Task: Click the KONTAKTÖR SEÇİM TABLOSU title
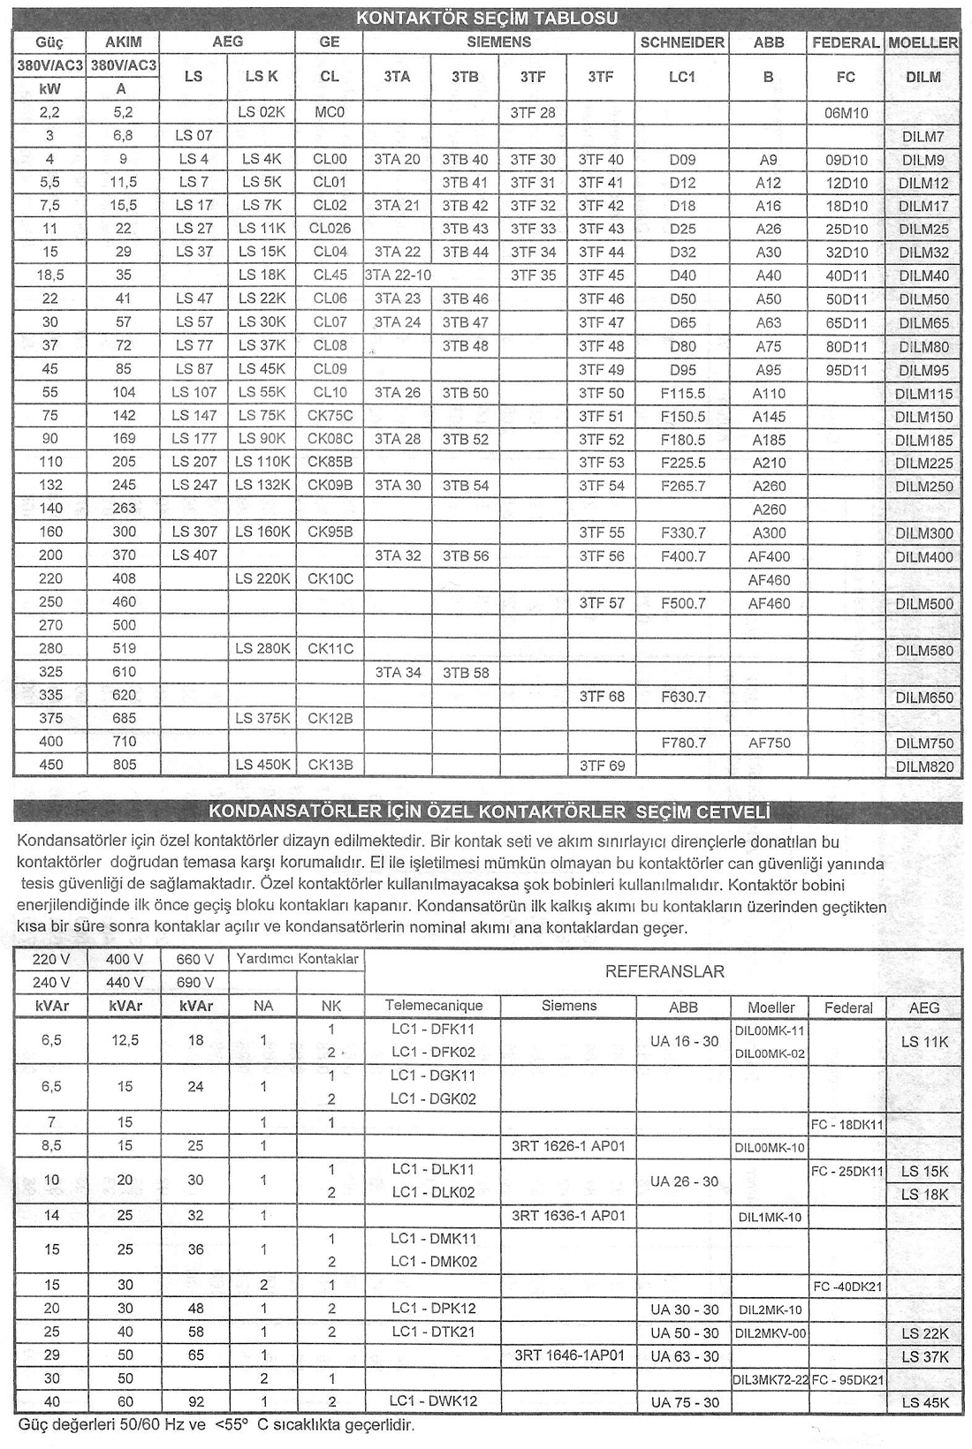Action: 486,18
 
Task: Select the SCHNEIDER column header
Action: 682,42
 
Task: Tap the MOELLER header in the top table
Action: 923,42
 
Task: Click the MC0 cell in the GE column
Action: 330,113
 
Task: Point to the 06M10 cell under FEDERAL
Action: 846,113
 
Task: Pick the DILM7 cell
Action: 923,137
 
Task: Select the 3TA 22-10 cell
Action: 398,275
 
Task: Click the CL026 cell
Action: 330,229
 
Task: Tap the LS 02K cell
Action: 262,113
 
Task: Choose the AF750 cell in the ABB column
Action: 769,743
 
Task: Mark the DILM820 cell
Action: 924,766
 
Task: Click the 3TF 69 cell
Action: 601,766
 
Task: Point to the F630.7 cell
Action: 683,697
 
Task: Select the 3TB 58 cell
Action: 465,673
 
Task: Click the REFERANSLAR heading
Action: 664,972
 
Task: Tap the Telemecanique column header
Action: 434,1006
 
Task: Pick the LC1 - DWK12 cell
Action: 433,1401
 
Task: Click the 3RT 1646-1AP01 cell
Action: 569,1355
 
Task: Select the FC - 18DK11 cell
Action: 847,1124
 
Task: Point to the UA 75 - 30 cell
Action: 684,1402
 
